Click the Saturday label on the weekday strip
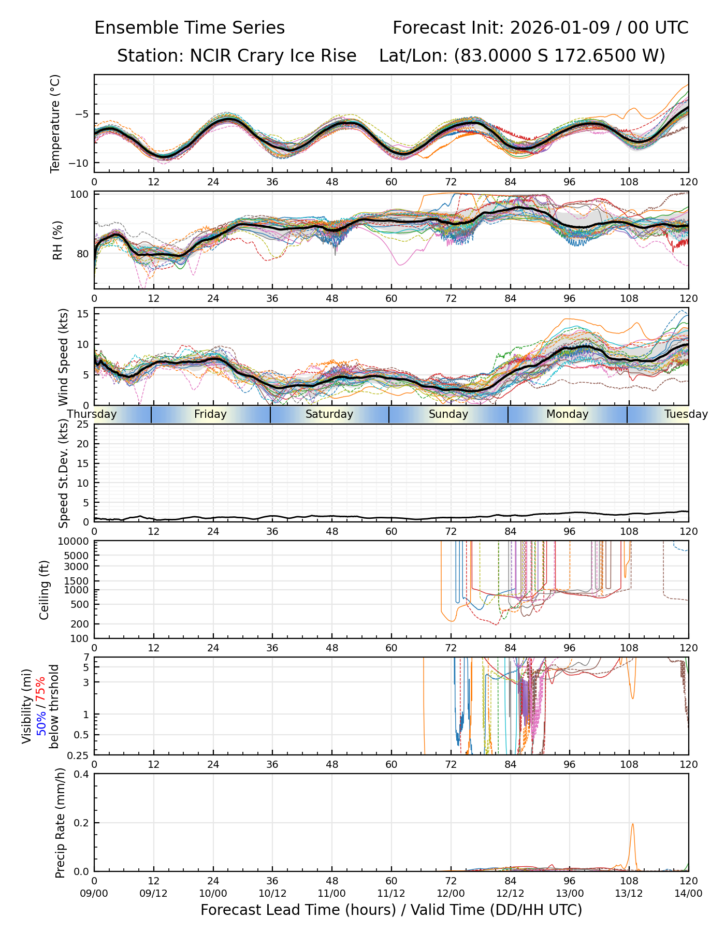(x=329, y=414)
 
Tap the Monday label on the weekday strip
(x=567, y=414)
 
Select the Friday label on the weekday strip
(x=210, y=414)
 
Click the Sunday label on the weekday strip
(x=448, y=414)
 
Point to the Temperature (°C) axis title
(x=55, y=123)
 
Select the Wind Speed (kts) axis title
(x=63, y=357)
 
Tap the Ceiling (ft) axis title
(x=45, y=590)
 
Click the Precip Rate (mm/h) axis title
(x=60, y=822)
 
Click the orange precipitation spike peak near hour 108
(x=632, y=824)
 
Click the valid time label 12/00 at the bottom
(x=451, y=893)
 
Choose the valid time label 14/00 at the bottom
(x=688, y=893)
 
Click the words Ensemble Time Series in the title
(x=190, y=28)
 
